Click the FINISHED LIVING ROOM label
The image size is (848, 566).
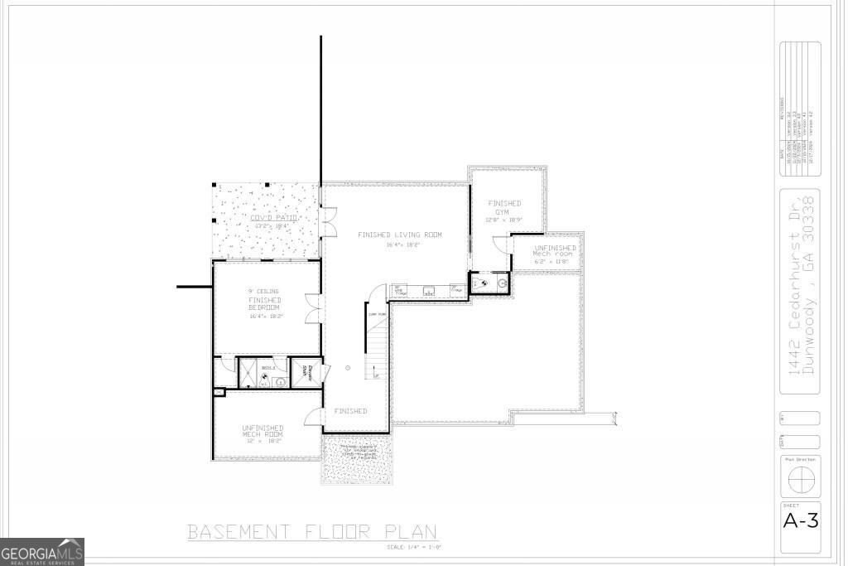400,235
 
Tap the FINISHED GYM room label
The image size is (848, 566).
504,208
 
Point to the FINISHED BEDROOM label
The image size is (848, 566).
264,303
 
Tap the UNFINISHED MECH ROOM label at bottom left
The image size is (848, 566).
263,432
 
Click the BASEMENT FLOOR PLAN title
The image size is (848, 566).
312,531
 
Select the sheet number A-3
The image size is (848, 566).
800,521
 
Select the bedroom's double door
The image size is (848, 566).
312,307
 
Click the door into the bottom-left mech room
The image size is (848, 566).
314,418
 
